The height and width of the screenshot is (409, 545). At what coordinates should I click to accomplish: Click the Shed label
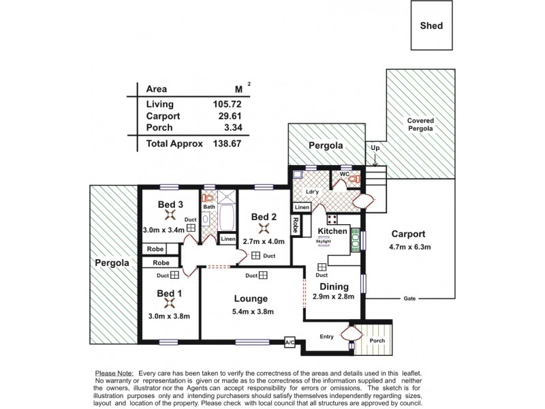point(432,26)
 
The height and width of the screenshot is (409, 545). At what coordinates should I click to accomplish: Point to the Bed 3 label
point(170,204)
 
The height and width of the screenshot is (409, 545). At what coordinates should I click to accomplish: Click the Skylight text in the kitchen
point(323,241)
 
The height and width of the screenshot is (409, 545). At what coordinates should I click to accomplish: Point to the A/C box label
point(289,342)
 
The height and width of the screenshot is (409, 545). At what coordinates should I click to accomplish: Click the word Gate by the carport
point(409,299)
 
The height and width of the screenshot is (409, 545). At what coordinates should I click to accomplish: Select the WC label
point(345,174)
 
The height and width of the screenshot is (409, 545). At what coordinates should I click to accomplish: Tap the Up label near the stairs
point(374,147)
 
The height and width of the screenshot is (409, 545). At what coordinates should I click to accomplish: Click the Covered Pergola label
point(420,124)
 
